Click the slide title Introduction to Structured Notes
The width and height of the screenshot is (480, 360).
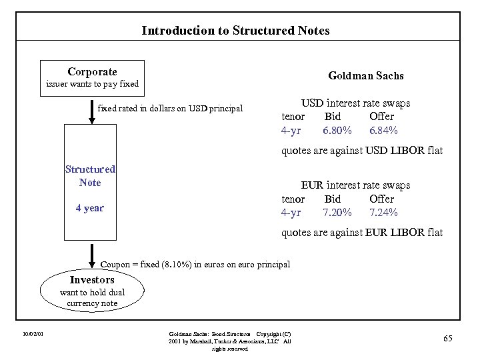[235, 31]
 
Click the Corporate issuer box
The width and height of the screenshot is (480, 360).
[92, 77]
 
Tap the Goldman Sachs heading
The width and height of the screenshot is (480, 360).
[366, 76]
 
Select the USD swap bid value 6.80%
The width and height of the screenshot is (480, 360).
[337, 130]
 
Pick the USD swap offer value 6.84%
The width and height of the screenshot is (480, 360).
[384, 130]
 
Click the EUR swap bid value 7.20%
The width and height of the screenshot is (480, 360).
[337, 213]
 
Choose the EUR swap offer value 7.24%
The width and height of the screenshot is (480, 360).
[384, 213]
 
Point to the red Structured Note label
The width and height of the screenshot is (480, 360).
[90, 176]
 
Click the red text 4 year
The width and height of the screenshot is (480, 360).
[90, 208]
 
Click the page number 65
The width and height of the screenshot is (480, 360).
[447, 339]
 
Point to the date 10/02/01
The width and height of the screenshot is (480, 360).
[32, 334]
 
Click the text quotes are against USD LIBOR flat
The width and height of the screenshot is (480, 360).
[362, 151]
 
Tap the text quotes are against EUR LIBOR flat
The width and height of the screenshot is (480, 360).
[362, 233]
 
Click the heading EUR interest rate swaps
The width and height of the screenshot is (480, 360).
[355, 185]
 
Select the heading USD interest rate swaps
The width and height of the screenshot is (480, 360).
[355, 103]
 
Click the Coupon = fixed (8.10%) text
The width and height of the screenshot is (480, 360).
[195, 265]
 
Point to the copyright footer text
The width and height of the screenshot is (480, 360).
[230, 341]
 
